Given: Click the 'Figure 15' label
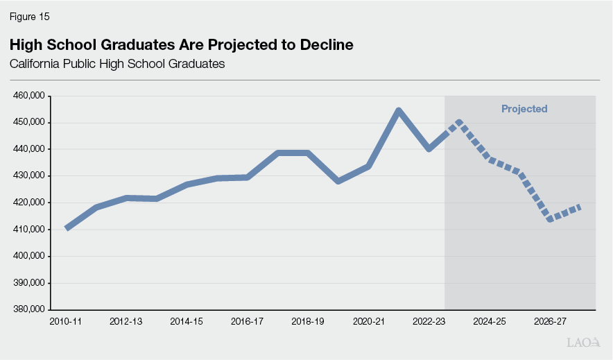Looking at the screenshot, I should click(29, 16).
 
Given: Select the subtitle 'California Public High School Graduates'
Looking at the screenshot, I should click(117, 65).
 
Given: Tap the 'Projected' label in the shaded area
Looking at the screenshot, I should click(524, 109).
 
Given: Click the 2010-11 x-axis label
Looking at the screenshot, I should click(66, 322).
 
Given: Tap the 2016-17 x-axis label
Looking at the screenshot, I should click(248, 322).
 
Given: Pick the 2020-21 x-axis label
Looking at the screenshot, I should click(368, 322).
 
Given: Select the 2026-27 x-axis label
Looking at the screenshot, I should click(550, 322).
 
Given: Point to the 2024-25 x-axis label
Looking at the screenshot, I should click(490, 322).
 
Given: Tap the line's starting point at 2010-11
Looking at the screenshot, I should click(67, 228).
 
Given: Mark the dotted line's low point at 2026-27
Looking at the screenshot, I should click(550, 219).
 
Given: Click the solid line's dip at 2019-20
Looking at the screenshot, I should click(338, 181).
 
